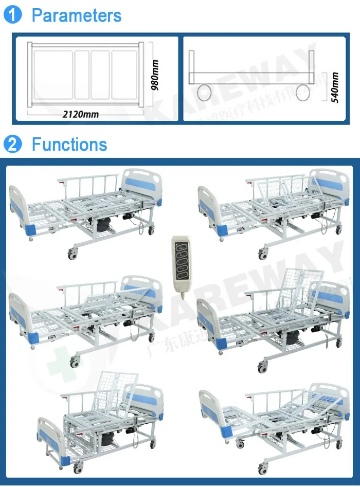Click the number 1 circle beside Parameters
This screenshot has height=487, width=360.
pyautogui.click(x=13, y=15)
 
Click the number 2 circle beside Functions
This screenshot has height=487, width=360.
pyautogui.click(x=13, y=145)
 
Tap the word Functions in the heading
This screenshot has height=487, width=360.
pyautogui.click(x=69, y=145)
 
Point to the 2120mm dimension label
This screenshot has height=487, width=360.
pyautogui.click(x=80, y=114)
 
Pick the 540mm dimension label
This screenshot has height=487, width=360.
pyautogui.click(x=335, y=88)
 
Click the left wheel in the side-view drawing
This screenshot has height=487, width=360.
pyautogui.click(x=204, y=93)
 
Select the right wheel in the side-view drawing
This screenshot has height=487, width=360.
pyautogui.click(x=303, y=93)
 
